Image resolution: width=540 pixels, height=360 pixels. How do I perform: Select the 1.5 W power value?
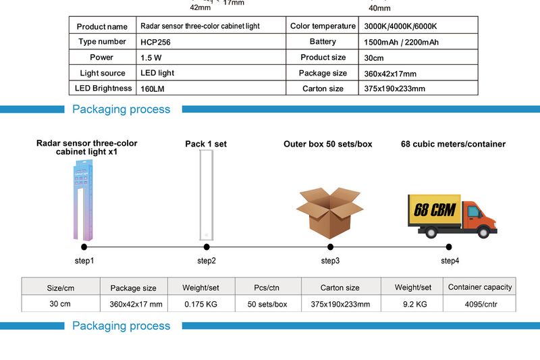(151, 58)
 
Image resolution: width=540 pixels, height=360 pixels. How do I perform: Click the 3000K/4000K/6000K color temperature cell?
(400, 26)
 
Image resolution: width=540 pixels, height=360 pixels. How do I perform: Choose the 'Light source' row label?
(103, 73)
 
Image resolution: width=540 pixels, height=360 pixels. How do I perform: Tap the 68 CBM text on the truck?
(434, 209)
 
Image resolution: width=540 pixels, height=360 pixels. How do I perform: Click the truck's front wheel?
(483, 232)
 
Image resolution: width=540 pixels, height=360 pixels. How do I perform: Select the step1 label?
(84, 261)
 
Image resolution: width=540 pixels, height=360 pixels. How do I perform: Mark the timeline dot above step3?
(330, 247)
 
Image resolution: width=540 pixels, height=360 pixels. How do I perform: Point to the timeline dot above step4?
(449, 247)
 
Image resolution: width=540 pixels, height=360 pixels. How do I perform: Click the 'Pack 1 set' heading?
(206, 144)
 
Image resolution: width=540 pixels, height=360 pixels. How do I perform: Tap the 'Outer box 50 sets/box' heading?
(327, 144)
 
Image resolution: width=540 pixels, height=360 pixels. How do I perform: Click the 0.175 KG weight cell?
(200, 304)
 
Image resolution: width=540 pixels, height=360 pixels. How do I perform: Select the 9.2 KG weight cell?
(414, 304)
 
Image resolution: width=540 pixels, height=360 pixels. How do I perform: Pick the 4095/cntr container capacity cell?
(480, 304)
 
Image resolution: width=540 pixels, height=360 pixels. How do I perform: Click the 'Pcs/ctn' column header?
(267, 288)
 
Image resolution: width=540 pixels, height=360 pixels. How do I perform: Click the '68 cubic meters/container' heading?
(453, 144)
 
